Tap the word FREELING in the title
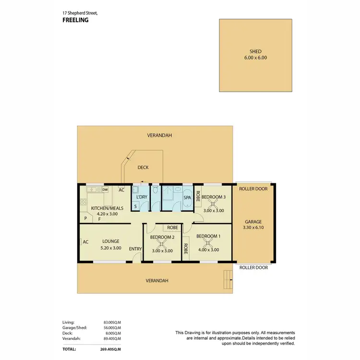(x=76, y=20)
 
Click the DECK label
(x=143, y=168)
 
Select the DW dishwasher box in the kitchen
(x=105, y=190)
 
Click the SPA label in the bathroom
(x=187, y=198)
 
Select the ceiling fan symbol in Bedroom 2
(x=162, y=244)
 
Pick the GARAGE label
(x=253, y=222)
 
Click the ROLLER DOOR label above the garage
(x=253, y=189)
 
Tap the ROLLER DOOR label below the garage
(x=253, y=268)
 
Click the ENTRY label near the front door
(x=135, y=249)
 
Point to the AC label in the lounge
(x=85, y=242)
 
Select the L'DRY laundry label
(x=141, y=198)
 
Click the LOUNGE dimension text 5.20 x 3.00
(x=110, y=248)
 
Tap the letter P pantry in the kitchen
(x=85, y=218)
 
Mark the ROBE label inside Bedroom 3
(x=197, y=197)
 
